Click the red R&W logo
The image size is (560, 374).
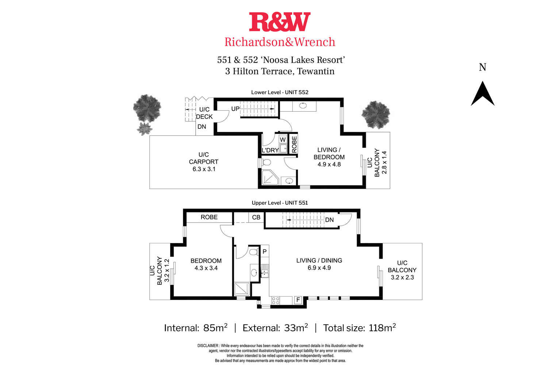click(280, 22)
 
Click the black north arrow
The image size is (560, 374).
click(483, 94)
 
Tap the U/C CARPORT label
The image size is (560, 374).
click(204, 162)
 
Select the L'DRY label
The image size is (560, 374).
click(270, 150)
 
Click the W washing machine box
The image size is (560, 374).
click(283, 139)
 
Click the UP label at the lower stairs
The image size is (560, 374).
click(235, 109)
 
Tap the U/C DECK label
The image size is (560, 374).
click(204, 113)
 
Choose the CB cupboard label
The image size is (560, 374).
click(256, 217)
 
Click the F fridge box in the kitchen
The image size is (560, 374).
click(298, 300)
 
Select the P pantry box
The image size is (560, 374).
click(265, 251)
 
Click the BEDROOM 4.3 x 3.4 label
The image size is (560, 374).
click(206, 264)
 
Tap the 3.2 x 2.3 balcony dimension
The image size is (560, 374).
click(402, 277)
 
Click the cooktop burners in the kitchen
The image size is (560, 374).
click(276, 301)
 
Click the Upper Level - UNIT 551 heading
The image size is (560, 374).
click(280, 203)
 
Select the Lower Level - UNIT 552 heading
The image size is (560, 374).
click(280, 92)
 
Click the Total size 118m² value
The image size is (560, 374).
click(382, 328)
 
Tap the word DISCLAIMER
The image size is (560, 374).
click(208, 346)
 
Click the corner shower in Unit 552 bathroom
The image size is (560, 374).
click(270, 178)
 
